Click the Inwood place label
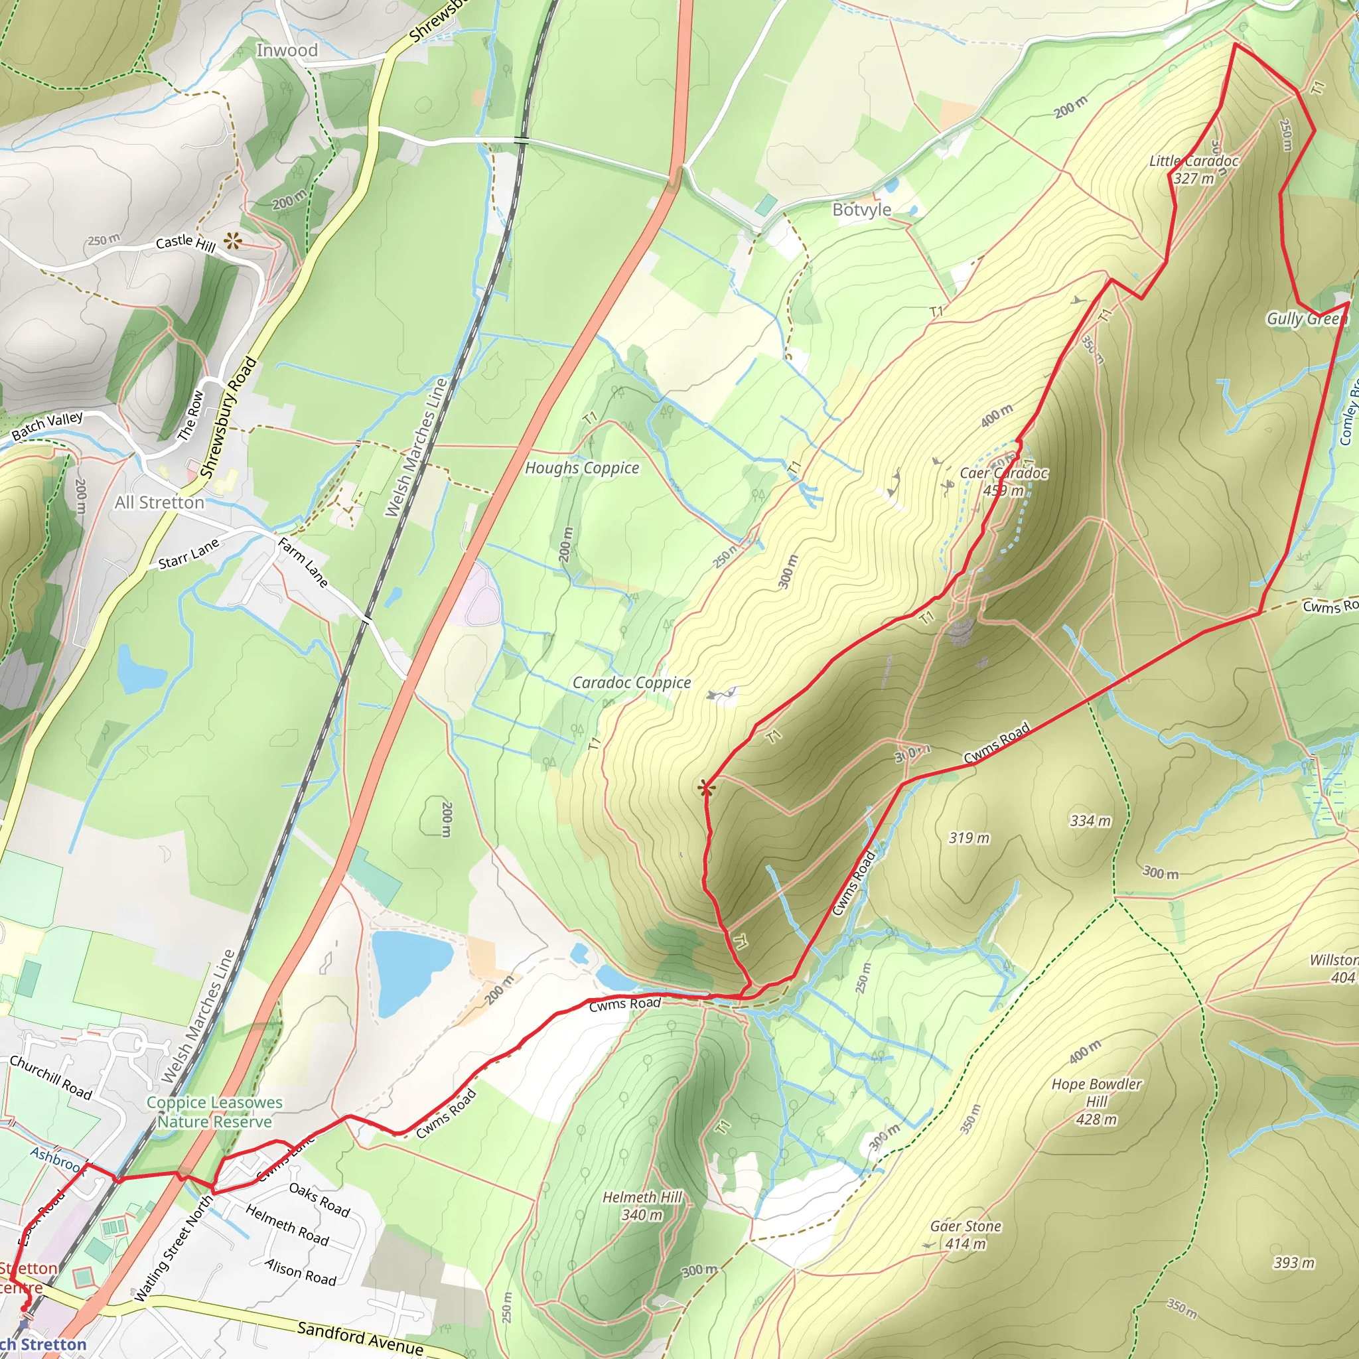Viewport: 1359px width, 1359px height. click(x=286, y=50)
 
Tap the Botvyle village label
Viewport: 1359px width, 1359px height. click(x=862, y=210)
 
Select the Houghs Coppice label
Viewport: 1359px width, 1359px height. click(x=582, y=468)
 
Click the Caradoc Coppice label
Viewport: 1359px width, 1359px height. click(x=631, y=682)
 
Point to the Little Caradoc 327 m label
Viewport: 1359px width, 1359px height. click(x=1194, y=169)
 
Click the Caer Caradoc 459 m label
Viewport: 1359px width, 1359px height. click(x=1003, y=482)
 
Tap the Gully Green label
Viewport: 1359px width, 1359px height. click(x=1306, y=319)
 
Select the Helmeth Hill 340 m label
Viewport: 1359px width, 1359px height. click(x=642, y=1206)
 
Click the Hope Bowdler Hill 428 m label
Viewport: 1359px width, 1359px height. click(x=1097, y=1102)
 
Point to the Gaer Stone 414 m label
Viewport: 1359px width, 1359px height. click(x=966, y=1234)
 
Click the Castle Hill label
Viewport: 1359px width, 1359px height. click(x=186, y=244)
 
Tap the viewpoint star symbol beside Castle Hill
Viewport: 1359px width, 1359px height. click(x=233, y=242)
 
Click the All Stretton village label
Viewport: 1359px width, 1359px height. click(x=160, y=502)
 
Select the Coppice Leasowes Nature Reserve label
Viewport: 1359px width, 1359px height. click(x=214, y=1112)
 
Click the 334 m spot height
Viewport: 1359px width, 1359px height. click(x=1090, y=820)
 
